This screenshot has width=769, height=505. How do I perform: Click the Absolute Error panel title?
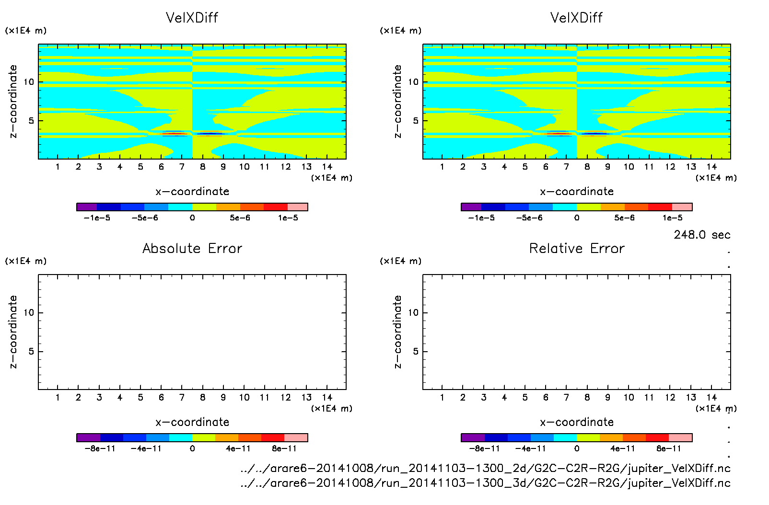click(192, 248)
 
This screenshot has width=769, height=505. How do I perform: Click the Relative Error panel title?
click(577, 248)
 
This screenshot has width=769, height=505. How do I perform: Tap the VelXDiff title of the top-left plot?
click(192, 18)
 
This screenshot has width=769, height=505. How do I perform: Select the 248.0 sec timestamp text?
click(702, 235)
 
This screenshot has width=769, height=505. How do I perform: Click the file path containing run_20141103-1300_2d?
click(485, 468)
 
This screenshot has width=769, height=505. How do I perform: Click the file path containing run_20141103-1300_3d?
click(485, 482)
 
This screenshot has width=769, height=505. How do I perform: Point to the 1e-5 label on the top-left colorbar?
click(288, 218)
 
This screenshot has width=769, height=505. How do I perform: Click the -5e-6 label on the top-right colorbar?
click(529, 218)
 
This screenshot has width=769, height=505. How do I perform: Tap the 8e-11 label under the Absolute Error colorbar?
click(284, 448)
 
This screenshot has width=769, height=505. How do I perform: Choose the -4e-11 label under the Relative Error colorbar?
click(531, 448)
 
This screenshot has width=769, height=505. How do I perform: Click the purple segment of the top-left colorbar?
click(87, 207)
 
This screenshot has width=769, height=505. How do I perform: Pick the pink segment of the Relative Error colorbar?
click(680, 437)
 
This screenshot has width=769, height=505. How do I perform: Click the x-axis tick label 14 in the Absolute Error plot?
click(327, 397)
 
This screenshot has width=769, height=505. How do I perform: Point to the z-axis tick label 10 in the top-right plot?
click(413, 82)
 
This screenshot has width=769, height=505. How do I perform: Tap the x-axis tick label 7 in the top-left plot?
click(182, 167)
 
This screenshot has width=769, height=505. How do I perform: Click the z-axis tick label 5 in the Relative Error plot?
click(416, 352)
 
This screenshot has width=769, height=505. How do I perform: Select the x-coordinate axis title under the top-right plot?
click(577, 192)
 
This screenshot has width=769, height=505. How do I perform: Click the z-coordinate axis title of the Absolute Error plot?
click(13, 332)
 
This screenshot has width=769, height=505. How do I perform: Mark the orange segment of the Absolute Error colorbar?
click(227, 437)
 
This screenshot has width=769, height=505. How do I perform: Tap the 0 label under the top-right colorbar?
click(577, 218)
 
